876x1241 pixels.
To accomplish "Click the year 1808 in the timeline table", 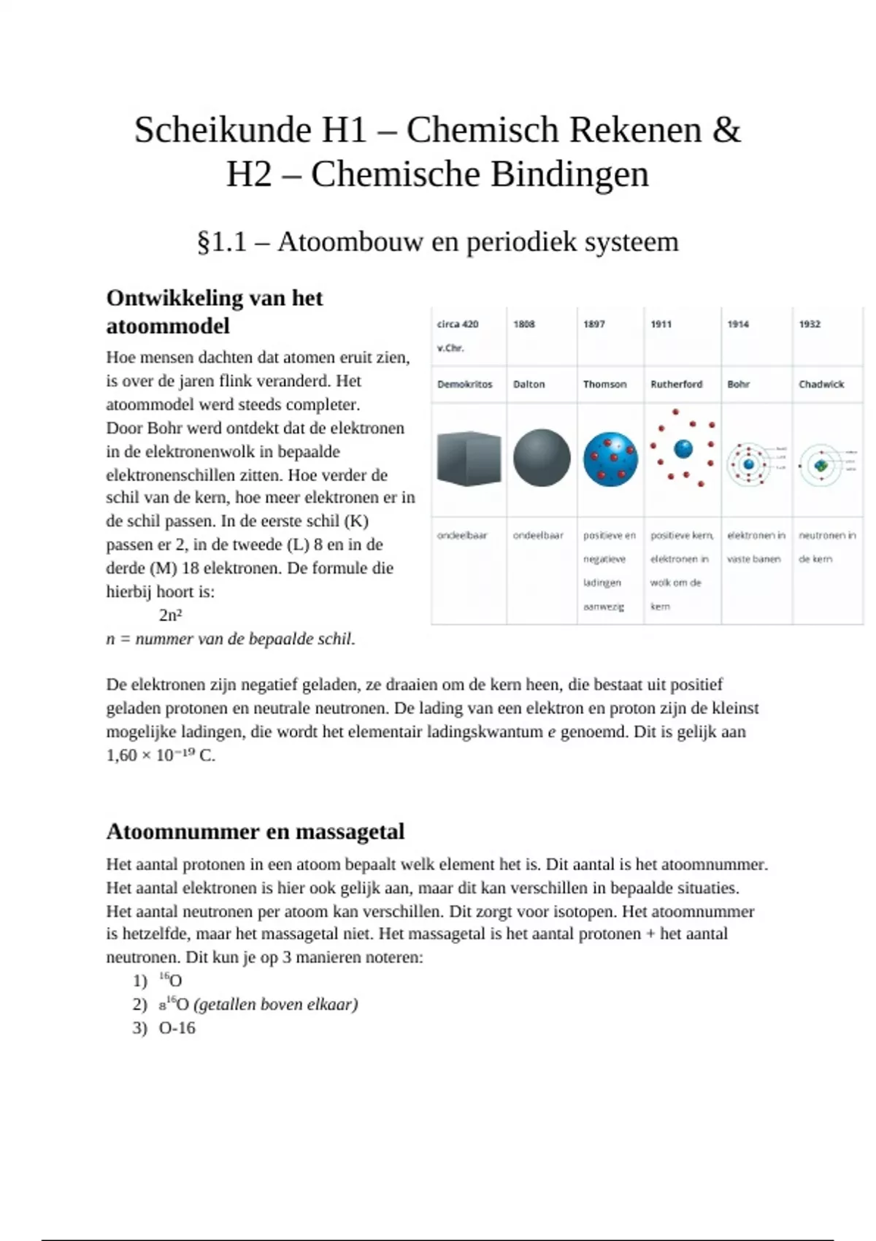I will tap(524, 324).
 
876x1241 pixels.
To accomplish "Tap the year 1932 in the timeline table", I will tap(810, 324).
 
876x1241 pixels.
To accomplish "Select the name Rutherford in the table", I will tap(676, 384).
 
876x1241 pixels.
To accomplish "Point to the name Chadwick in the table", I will tap(821, 384).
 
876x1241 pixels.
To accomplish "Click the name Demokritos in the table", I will tap(465, 384).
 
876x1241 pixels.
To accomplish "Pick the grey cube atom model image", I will tap(469, 458).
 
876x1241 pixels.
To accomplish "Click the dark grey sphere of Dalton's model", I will tap(542, 458).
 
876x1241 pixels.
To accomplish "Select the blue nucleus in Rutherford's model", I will tap(683, 448).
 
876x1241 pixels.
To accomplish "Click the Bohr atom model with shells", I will tap(748, 464).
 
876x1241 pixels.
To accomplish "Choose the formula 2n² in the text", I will tap(170, 615).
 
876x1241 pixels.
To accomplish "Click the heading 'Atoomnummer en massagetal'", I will tap(255, 831).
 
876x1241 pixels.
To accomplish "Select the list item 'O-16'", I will tap(177, 1028).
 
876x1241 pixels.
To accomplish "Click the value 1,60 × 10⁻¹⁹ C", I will tap(161, 756).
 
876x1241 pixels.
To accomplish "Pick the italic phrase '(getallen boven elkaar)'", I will tap(276, 1004).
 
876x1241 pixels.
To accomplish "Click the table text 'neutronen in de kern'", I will tap(827, 547).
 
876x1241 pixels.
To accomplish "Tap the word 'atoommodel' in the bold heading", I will tap(168, 326).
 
